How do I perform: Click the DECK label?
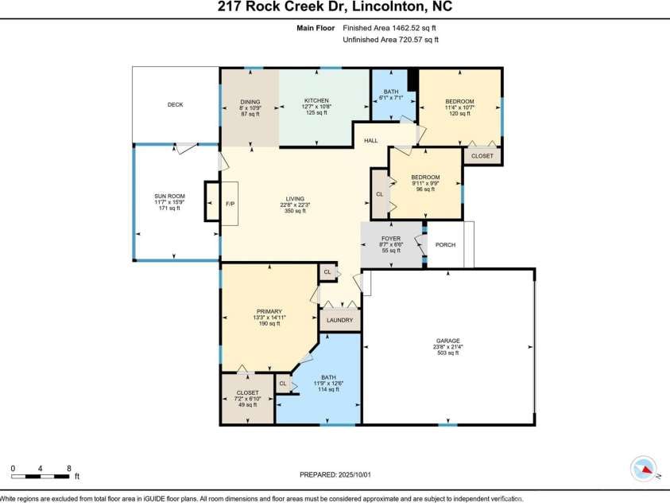pos(175,105)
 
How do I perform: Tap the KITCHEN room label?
pos(316,101)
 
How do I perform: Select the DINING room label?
pos(250,101)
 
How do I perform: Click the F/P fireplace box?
pos(230,204)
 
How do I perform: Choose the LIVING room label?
pos(296,199)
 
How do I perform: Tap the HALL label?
pos(371,141)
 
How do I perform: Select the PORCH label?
pos(445,245)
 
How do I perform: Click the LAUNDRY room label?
pos(340,320)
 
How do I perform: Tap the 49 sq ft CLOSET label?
pos(247,393)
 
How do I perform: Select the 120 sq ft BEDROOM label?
pos(459,101)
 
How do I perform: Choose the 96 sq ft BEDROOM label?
pos(425,177)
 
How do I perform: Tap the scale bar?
pos(41,476)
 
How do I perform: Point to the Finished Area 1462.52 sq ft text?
pos(390,28)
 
